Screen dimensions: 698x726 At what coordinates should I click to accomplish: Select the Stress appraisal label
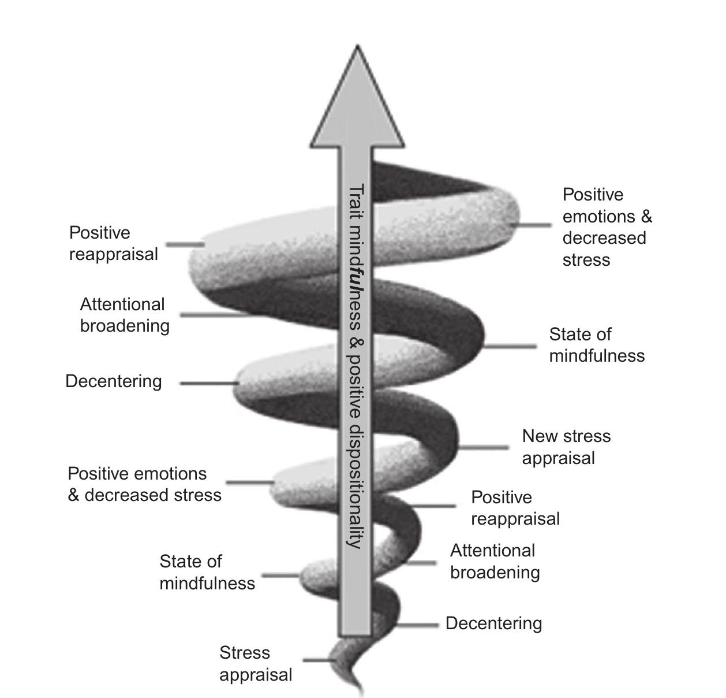coord(256,663)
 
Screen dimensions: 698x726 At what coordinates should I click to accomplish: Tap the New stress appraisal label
coord(566,447)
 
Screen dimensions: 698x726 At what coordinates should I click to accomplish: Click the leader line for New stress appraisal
coord(484,447)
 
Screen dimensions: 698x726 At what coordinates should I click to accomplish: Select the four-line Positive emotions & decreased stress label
coord(607,227)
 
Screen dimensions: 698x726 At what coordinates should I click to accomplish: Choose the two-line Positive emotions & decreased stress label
coord(144,484)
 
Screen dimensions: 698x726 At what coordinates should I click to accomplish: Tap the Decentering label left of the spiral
coord(114,381)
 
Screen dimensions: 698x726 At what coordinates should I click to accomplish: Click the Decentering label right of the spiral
coord(493,623)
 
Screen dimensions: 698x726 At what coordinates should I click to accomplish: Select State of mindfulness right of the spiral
coord(596,345)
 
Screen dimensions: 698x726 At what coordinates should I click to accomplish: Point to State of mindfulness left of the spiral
coord(207,572)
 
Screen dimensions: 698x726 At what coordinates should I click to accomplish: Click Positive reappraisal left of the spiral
coord(113,243)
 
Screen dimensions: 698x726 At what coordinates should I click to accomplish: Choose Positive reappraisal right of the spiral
coord(515,508)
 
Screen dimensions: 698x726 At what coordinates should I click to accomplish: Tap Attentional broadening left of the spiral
coord(125,315)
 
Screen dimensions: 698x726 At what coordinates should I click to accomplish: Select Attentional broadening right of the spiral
coord(495,561)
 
